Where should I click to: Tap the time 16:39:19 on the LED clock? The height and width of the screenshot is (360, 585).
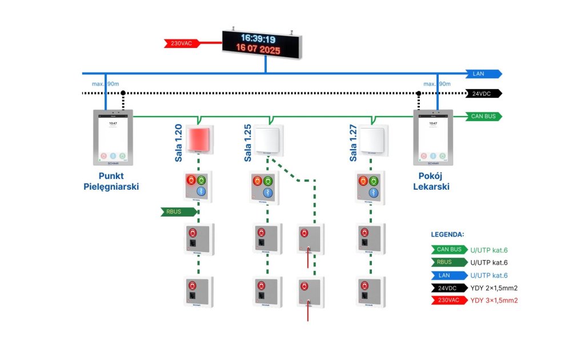[258, 39]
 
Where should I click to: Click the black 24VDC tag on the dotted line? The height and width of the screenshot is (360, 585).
[483, 94]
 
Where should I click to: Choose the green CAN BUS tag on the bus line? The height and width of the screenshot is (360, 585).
[483, 117]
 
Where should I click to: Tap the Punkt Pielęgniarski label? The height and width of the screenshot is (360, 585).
[111, 182]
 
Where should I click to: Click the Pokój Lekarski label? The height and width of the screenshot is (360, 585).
[432, 182]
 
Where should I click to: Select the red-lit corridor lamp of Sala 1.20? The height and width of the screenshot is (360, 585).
[198, 139]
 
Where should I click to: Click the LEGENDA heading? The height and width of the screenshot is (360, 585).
[447, 235]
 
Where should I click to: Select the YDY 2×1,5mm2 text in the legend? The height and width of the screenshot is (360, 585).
[494, 287]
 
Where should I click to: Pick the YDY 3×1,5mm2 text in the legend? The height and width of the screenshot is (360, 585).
[494, 300]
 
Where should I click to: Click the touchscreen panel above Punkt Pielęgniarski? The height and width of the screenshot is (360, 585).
[113, 138]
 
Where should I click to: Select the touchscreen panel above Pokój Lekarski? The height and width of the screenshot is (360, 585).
[433, 138]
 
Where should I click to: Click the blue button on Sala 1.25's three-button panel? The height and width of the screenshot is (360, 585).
[267, 191]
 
